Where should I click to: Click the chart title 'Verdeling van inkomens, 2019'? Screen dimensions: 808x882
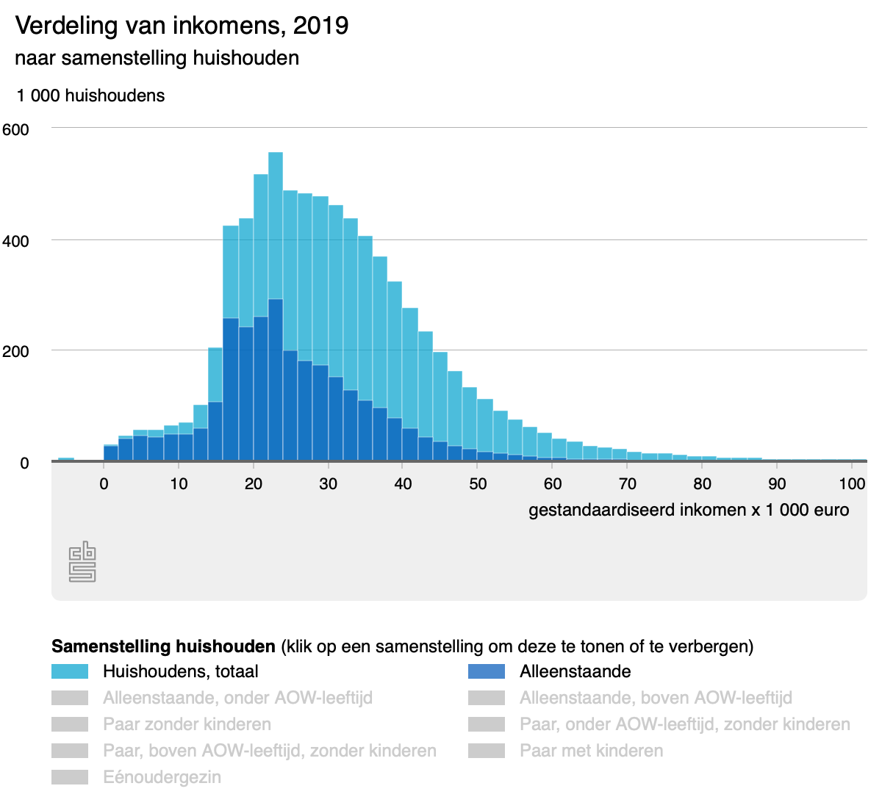[x=182, y=26]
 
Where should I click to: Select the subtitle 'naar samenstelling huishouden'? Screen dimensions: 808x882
[x=157, y=58]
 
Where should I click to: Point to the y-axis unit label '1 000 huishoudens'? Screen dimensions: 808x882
[x=90, y=95]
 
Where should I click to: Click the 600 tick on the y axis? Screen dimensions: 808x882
[x=15, y=130]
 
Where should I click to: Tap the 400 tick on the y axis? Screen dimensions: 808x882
[x=15, y=241]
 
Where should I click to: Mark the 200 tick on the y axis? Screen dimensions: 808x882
[x=15, y=351]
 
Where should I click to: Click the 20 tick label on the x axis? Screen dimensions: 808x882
[x=254, y=483]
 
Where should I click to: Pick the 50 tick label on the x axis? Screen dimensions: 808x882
[x=478, y=483]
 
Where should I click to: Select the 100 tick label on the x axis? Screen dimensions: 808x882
[x=852, y=483]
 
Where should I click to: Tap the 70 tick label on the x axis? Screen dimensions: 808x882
[x=627, y=483]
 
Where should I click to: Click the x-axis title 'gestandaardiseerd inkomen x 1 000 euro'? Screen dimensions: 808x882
[x=689, y=510]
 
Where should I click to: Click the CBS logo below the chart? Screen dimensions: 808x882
[x=82, y=562]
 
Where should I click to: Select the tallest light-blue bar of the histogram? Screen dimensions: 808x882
[x=276, y=220]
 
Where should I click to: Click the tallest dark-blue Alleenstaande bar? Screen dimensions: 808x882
[x=276, y=367]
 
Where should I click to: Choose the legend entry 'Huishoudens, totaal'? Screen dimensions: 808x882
[x=180, y=671]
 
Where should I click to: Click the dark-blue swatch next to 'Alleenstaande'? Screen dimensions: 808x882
[x=487, y=671]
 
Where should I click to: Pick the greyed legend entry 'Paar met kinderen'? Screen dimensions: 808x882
[x=591, y=751]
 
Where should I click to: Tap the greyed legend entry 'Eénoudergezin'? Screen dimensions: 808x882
[x=162, y=777]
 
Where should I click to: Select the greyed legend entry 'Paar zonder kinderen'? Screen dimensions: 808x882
[x=187, y=724]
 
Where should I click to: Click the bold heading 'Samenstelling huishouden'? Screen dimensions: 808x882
[x=163, y=646]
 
